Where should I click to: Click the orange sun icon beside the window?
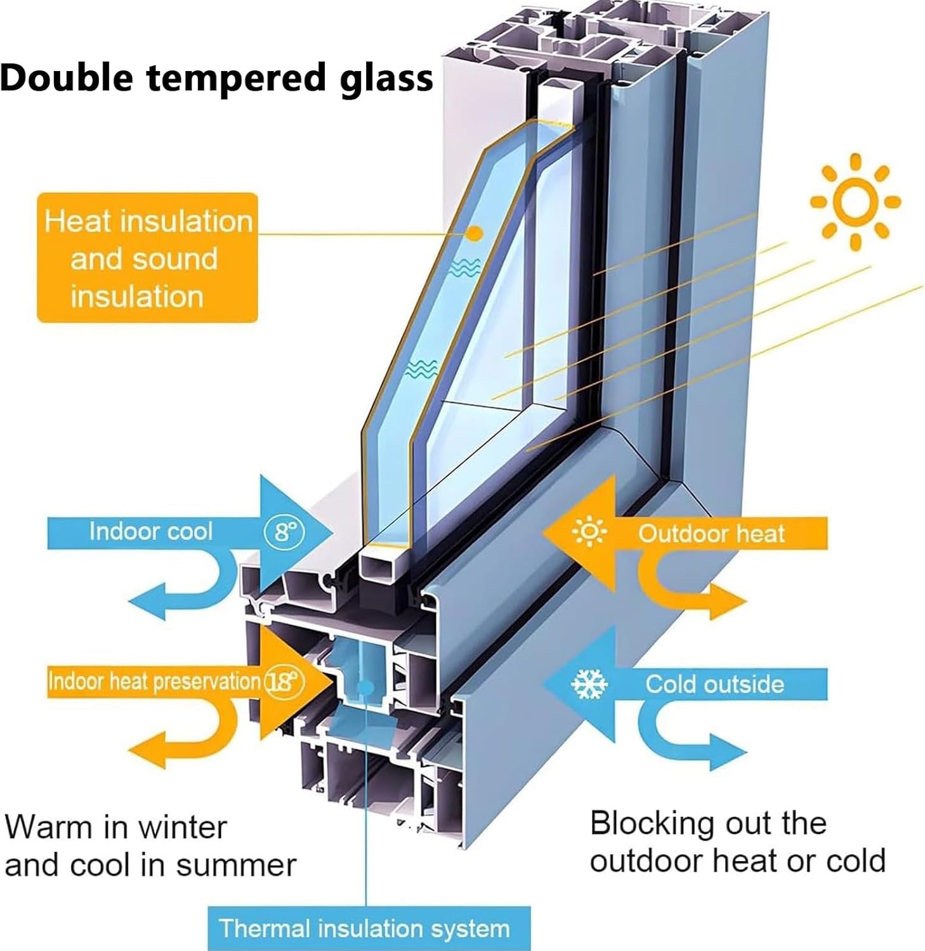click(855, 202)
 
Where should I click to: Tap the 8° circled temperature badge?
click(284, 531)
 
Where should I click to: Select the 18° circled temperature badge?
click(284, 682)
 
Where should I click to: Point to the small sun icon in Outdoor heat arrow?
click(589, 533)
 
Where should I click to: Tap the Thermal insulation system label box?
click(369, 928)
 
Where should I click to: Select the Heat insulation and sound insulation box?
click(147, 258)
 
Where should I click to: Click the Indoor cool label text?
click(150, 531)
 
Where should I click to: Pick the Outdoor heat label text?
click(711, 534)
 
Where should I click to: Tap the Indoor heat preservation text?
click(154, 682)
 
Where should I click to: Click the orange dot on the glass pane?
click(474, 233)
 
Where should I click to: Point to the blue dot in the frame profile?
click(365, 687)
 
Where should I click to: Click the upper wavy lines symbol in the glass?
click(464, 269)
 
